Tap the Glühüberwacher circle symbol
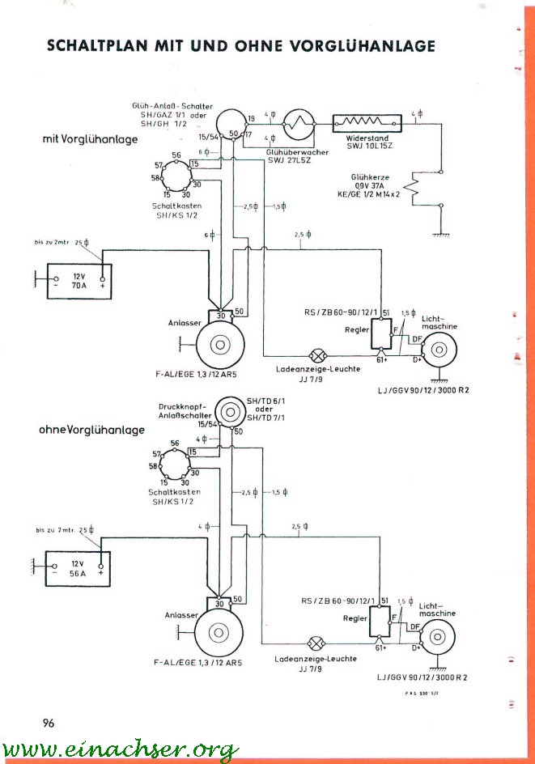300,125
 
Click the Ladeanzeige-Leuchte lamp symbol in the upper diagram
319,354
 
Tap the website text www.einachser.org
121,749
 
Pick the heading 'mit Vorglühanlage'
90,139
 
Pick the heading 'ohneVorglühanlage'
91,430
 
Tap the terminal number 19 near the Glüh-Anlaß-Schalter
251,118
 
